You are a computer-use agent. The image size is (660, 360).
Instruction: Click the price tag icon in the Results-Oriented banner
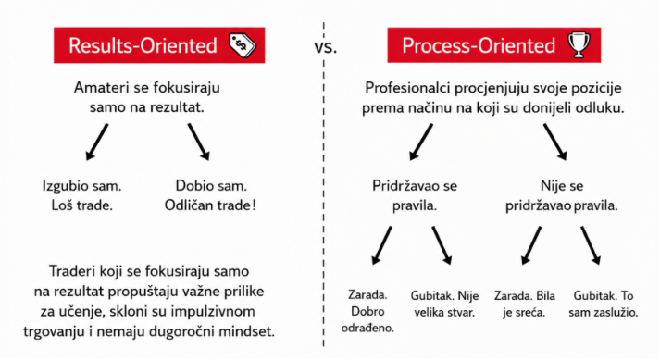click(x=243, y=45)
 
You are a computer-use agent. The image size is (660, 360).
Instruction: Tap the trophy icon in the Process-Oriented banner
click(x=579, y=44)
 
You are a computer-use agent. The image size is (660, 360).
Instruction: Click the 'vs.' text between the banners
click(x=326, y=47)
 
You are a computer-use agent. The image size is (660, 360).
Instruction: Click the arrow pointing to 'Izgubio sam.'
click(x=97, y=142)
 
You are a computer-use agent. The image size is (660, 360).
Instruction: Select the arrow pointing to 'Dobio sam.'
click(x=199, y=142)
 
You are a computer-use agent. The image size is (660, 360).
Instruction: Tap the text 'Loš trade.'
click(x=82, y=205)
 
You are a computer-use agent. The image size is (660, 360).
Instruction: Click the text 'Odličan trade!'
click(x=210, y=205)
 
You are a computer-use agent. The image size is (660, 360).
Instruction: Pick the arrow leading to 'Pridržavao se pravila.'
click(x=421, y=142)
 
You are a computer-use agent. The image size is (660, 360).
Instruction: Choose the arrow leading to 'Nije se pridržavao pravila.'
click(x=554, y=142)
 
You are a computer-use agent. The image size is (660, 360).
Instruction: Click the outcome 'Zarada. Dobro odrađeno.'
click(x=367, y=311)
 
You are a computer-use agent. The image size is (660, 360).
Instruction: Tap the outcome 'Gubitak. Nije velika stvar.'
click(x=444, y=304)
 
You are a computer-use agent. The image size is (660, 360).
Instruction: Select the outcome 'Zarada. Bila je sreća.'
click(x=525, y=304)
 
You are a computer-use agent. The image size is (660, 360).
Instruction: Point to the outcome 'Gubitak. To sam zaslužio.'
click(x=604, y=304)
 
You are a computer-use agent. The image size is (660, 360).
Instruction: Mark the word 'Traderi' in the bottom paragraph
click(x=72, y=271)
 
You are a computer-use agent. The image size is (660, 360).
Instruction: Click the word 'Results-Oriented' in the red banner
click(x=143, y=45)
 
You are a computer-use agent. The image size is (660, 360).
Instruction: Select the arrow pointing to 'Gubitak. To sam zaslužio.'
click(x=591, y=245)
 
